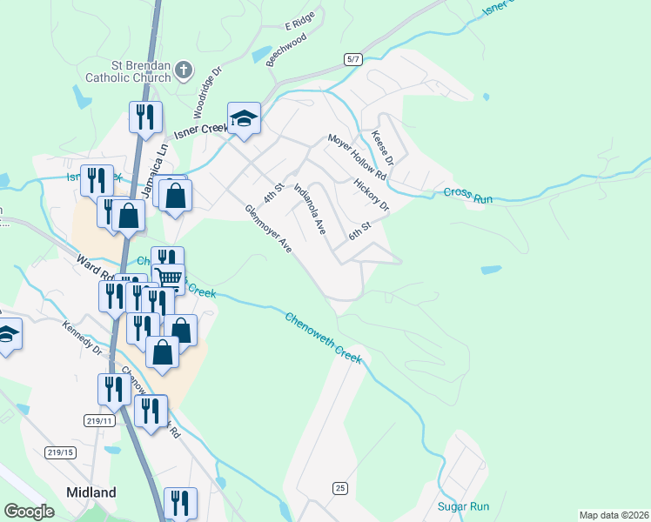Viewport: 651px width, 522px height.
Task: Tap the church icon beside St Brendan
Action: pos(183,69)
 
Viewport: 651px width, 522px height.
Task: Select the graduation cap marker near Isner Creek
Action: pos(244,118)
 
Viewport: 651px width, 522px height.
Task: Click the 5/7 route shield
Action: pos(352,59)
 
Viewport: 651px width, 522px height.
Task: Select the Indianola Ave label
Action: pos(309,209)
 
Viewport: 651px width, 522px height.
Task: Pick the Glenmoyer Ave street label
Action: pos(268,229)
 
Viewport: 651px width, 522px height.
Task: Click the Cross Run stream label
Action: pos(468,196)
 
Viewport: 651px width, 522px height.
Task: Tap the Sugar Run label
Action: pos(463,506)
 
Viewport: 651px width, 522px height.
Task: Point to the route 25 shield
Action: pos(339,487)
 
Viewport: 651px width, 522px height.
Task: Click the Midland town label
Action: pos(91,492)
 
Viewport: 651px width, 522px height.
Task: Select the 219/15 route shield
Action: pos(59,452)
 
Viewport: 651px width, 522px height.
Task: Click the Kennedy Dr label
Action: pos(83,339)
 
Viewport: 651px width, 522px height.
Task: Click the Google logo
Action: pos(30,512)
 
